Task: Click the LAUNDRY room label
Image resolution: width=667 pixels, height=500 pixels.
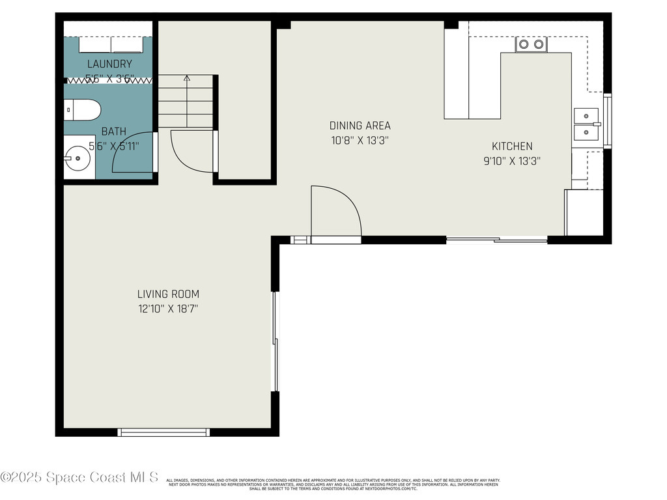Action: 109,64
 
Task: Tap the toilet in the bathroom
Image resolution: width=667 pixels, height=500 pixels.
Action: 81,109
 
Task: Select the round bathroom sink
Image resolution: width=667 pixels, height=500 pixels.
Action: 77,158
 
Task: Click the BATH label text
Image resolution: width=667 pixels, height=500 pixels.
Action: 113,132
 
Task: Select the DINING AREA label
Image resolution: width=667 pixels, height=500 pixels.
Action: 360,126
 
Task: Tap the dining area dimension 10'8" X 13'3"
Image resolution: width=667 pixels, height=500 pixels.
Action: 360,140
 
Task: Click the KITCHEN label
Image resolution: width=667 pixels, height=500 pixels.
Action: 511,146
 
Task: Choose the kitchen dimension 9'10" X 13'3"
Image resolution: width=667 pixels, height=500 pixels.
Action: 511,161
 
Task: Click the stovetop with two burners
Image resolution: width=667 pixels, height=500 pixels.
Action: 531,44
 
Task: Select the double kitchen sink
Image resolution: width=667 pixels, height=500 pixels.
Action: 586,124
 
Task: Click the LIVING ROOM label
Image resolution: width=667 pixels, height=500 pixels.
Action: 168,294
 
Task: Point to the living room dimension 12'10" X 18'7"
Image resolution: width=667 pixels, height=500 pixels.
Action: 168,309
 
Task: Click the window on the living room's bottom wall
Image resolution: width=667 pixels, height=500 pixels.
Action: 163,432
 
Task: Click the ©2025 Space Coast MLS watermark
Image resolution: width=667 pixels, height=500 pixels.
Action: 79,477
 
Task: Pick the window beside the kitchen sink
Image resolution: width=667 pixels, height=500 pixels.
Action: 608,122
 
